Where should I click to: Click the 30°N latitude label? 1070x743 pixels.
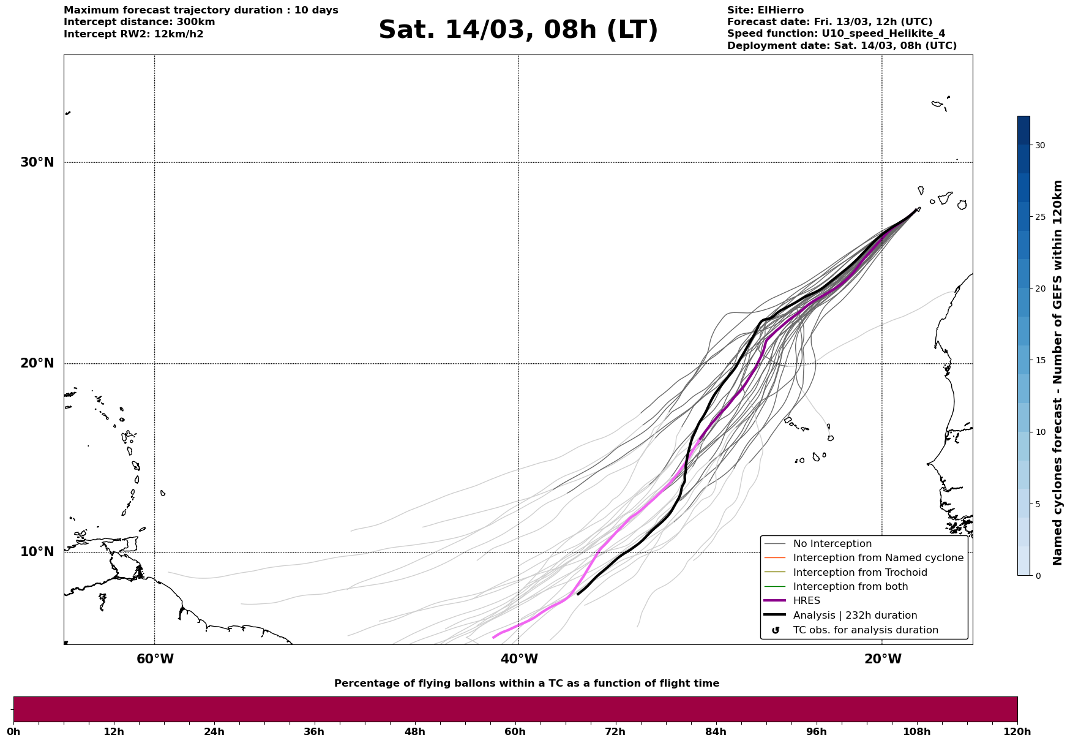tap(37, 162)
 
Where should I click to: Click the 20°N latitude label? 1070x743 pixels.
tap(37, 363)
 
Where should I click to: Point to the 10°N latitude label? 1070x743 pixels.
tap(37, 552)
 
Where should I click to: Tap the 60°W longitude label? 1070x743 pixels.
tap(155, 659)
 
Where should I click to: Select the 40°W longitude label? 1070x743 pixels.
tap(519, 659)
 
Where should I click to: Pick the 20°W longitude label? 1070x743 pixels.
tap(883, 659)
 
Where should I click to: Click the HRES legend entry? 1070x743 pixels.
tap(806, 601)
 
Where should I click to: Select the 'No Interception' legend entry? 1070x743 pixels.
tap(832, 544)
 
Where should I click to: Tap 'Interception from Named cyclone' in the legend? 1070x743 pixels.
tap(878, 558)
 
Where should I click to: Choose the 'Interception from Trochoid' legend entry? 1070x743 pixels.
tap(859, 573)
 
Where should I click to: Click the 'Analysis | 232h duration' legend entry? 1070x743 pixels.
tap(855, 616)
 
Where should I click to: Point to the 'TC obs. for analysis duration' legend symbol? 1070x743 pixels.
tap(776, 630)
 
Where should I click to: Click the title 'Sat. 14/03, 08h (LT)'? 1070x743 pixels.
tap(518, 30)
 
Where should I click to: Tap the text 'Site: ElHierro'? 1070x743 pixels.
tap(765, 10)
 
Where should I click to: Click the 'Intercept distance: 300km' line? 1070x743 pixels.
tap(140, 22)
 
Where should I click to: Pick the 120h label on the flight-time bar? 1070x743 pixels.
tap(1017, 731)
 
